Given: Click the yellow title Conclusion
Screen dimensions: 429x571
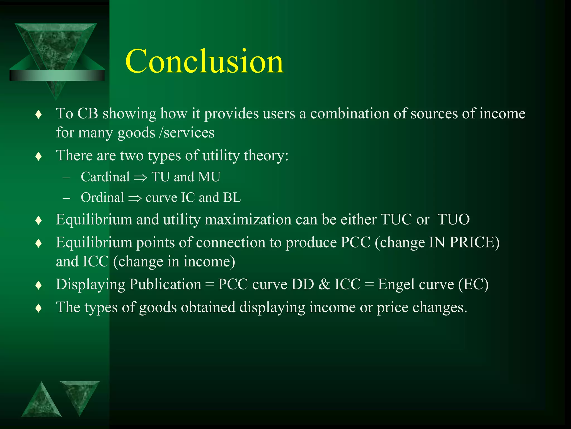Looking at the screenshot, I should [204, 61].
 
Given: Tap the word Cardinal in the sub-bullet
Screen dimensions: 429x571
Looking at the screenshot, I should [105, 177].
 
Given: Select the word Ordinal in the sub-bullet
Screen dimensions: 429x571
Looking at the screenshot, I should [102, 197].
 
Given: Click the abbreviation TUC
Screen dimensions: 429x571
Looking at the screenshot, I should [396, 219].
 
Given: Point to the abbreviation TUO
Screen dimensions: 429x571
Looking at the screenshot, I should [454, 219].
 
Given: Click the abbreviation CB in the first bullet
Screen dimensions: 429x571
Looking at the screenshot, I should [88, 114].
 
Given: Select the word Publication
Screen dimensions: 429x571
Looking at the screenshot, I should [165, 284].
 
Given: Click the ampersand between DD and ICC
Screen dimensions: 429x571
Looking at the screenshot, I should [324, 284].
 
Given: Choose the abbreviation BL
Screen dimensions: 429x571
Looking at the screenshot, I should [232, 197].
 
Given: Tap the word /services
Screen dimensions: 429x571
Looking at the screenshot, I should [187, 132].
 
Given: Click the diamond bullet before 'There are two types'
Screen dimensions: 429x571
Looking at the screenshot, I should [39, 156].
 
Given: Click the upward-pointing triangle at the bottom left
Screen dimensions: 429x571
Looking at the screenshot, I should [42, 402].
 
